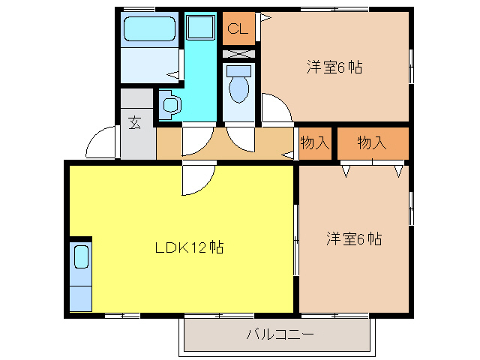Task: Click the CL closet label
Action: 238,29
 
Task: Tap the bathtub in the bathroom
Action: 150,31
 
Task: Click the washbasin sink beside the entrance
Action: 169,104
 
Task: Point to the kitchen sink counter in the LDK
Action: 80,275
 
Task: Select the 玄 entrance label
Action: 135,123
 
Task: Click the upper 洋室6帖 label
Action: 334,67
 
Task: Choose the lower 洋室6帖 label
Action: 354,239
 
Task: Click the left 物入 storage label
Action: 315,142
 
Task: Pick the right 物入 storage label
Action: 372,142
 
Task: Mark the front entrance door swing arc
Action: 100,142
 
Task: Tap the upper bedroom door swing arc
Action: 276,109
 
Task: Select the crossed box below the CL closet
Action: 239,54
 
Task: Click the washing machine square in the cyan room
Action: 201,29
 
